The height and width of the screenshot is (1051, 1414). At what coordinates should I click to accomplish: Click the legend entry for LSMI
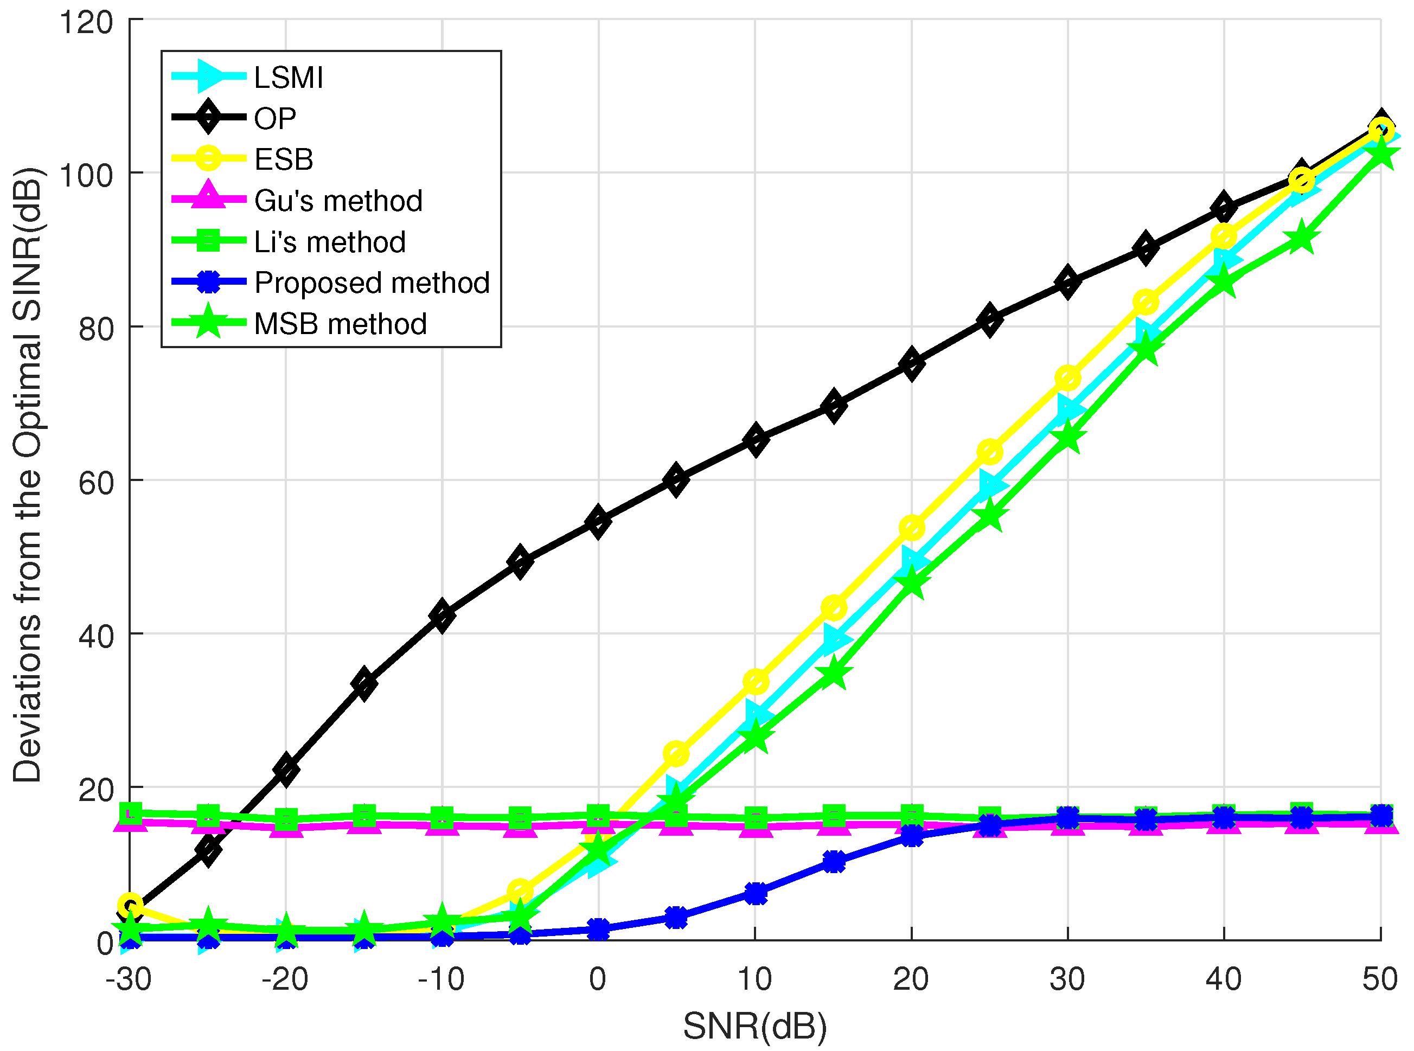tap(288, 78)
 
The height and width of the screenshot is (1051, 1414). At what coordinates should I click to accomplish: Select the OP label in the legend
tap(275, 119)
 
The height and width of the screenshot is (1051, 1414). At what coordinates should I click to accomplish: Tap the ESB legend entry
tap(284, 159)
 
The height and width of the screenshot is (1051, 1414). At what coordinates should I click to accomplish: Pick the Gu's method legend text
tap(338, 201)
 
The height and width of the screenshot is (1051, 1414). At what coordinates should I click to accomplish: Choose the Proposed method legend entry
tap(372, 283)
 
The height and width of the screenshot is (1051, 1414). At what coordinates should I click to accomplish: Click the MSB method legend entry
tap(340, 324)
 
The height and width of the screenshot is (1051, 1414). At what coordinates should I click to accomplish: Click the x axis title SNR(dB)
tap(754, 1026)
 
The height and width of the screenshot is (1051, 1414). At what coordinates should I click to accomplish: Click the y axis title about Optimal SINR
tap(28, 475)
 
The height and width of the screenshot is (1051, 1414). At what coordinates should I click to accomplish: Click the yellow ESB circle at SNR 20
tap(911, 528)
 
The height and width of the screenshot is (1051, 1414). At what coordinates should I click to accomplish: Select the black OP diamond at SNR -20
tap(286, 769)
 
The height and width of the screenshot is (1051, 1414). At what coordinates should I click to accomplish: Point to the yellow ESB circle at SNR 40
tap(1223, 236)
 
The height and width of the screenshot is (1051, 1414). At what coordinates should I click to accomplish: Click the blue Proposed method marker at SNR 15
tap(834, 862)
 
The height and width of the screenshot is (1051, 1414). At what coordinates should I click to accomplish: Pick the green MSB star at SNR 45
tap(1301, 239)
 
